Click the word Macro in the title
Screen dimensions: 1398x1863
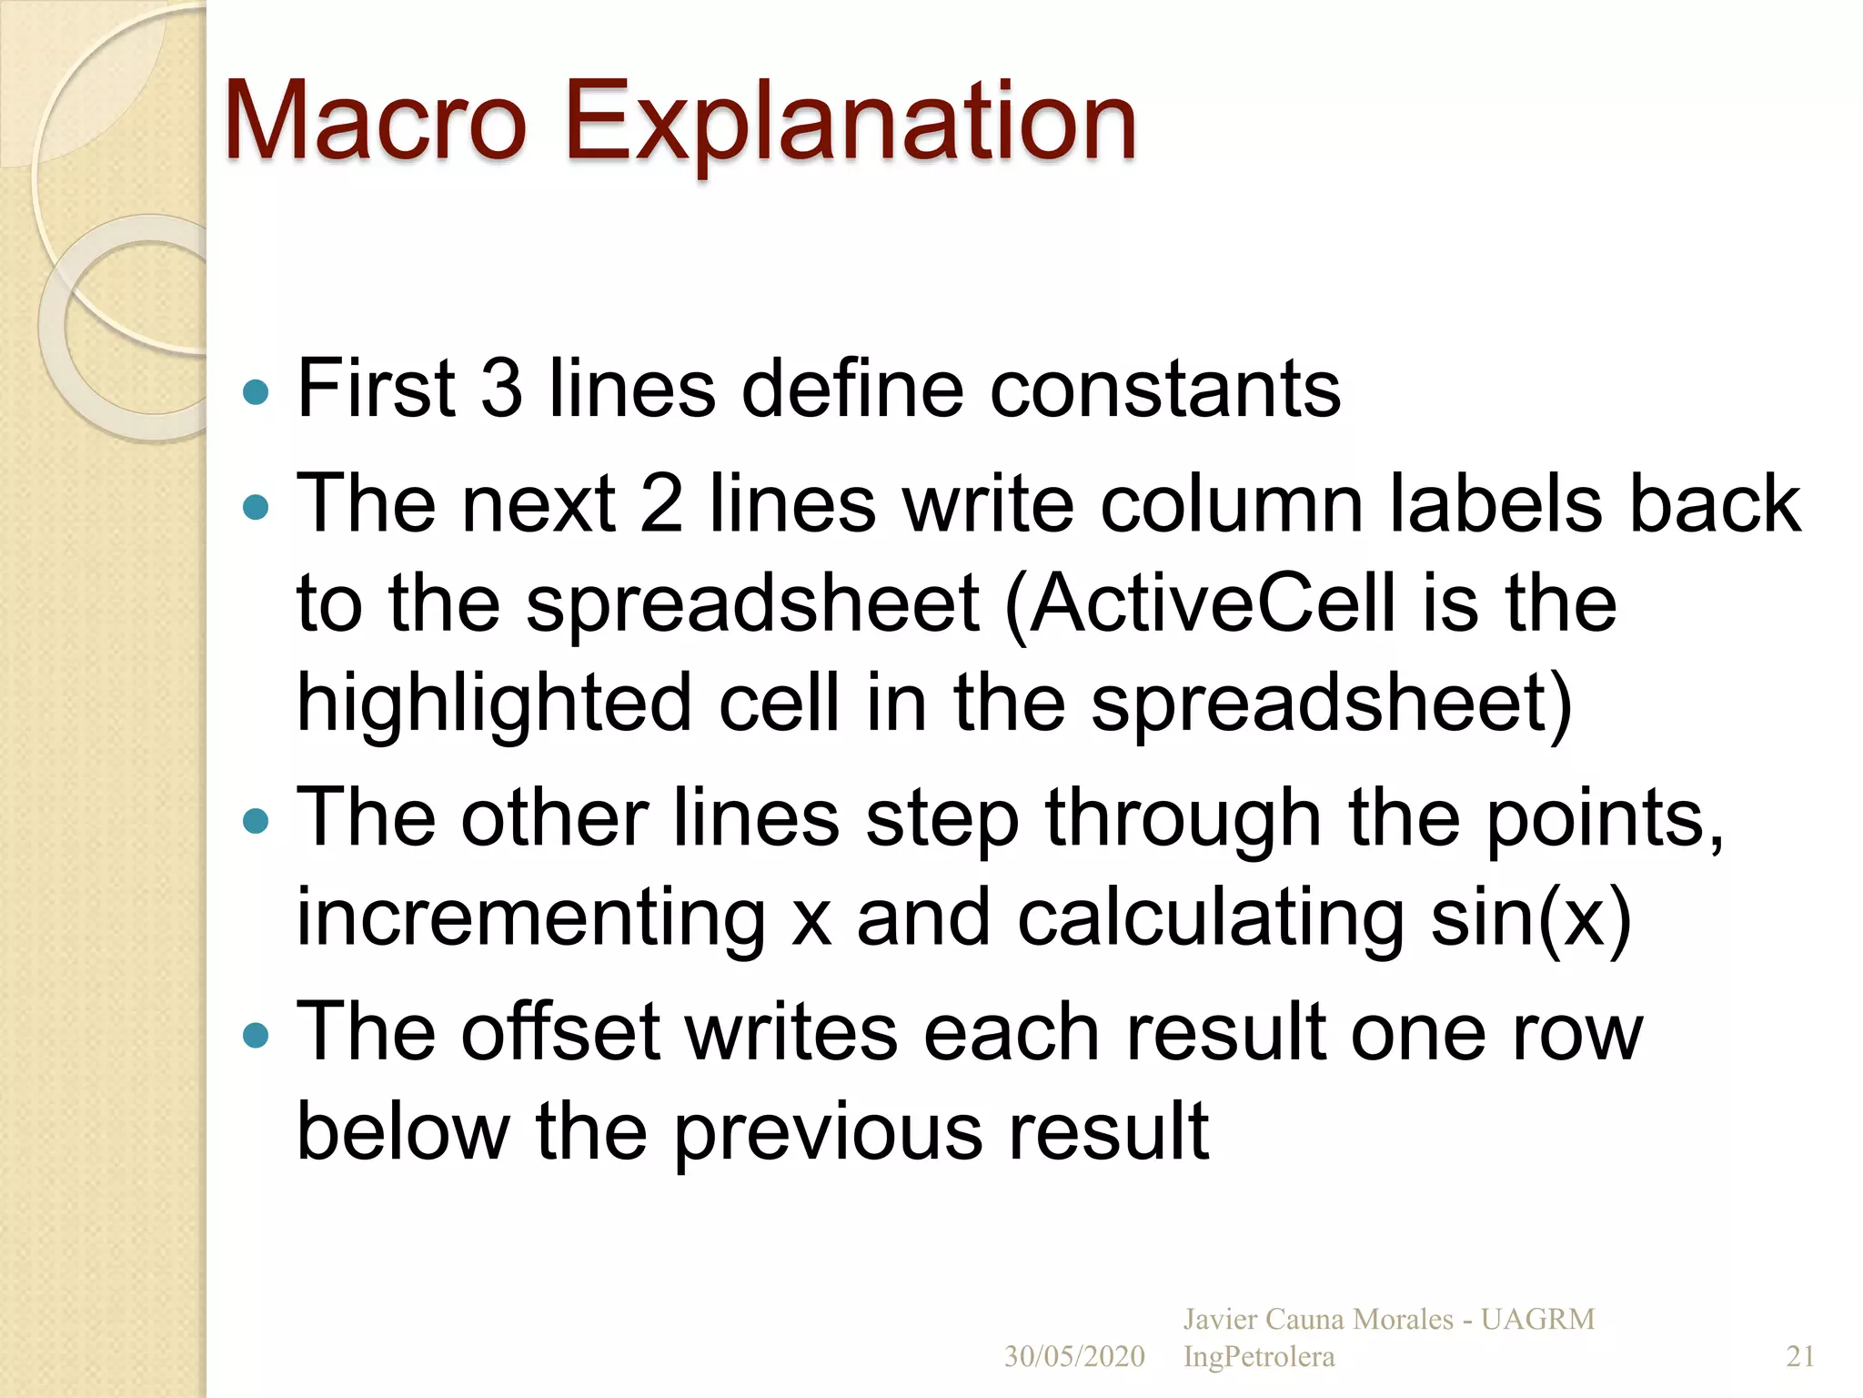375,121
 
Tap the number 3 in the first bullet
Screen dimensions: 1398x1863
501,390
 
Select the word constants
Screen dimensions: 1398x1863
1164,390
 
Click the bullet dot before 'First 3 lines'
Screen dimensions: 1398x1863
257,392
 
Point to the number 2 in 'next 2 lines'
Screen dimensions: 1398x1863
661,504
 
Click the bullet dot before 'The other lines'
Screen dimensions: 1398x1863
257,822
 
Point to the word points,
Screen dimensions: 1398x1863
1605,819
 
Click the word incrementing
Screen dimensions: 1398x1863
531,919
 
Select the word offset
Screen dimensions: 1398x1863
559,1033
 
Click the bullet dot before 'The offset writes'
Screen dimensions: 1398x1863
257,1035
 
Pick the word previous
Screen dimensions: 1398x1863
828,1133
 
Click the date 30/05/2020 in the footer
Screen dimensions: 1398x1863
1074,1357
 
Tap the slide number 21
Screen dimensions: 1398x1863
1800,1357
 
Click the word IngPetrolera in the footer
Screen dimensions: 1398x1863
1259,1357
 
